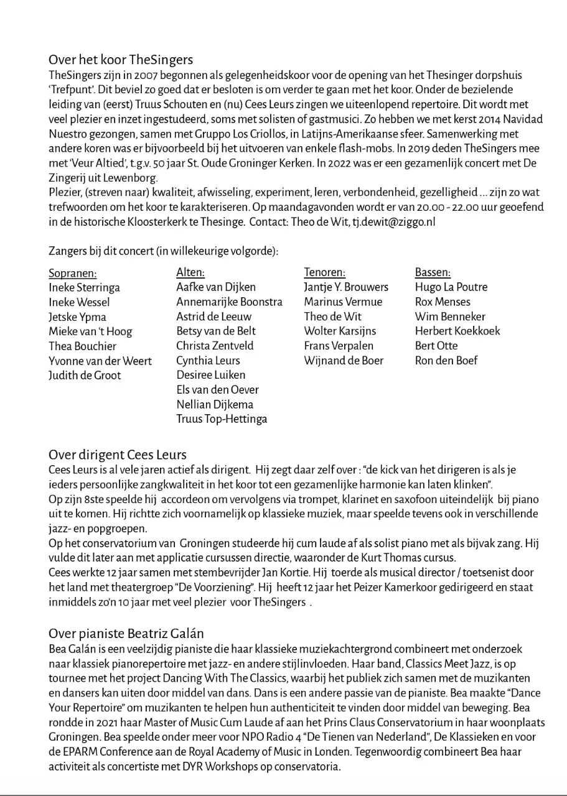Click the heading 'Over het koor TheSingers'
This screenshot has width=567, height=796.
(121, 60)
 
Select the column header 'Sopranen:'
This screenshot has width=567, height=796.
(73, 273)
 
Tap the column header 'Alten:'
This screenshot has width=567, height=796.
(190, 272)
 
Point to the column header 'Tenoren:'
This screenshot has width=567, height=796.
(324, 272)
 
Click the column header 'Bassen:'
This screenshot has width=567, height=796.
(433, 272)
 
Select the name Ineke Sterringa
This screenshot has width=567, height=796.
(84, 287)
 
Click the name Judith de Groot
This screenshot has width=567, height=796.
(85, 375)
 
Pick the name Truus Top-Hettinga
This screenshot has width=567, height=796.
(222, 419)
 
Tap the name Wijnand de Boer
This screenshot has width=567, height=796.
(344, 360)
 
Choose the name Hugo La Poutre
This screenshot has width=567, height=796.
(451, 287)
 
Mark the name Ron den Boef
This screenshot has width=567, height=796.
(446, 360)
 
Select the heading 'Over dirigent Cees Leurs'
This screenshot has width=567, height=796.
(118, 454)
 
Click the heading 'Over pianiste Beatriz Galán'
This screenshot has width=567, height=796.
(126, 634)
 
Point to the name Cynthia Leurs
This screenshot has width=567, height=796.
(208, 360)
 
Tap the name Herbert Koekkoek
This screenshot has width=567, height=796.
(457, 331)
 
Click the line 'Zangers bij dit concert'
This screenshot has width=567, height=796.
(163, 251)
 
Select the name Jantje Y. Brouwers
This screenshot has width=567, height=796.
(346, 287)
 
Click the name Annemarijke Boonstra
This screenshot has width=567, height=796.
(229, 302)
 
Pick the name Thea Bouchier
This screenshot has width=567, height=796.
(82, 346)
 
